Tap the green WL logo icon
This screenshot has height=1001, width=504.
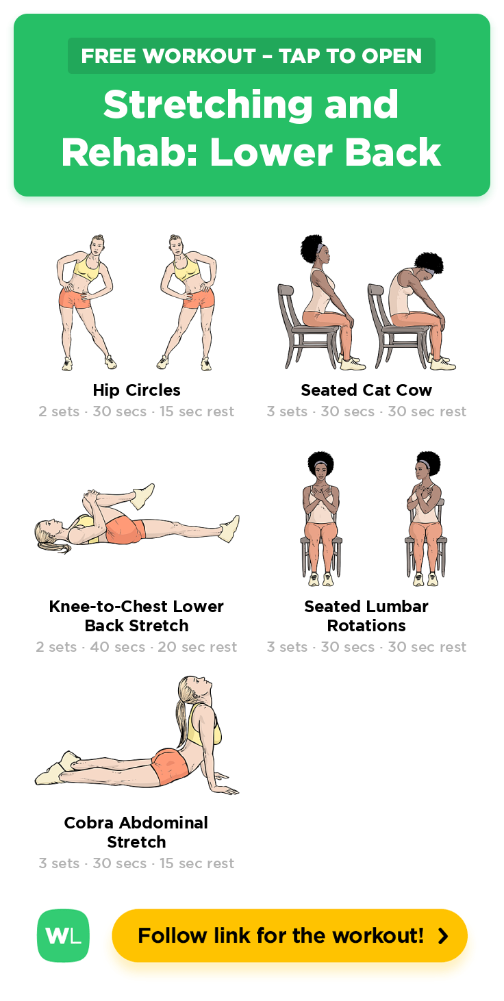click(63, 935)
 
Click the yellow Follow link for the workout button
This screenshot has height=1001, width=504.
click(290, 935)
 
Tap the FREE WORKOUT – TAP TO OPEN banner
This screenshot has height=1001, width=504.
click(251, 56)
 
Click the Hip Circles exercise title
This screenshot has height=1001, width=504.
click(137, 390)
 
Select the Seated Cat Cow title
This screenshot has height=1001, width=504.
click(366, 390)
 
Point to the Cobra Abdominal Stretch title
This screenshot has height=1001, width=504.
click(136, 832)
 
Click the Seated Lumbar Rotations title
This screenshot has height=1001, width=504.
click(366, 616)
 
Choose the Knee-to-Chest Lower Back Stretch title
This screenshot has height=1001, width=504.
click(136, 616)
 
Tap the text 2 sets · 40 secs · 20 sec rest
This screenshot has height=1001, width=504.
click(136, 647)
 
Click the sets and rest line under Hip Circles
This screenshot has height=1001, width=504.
click(136, 411)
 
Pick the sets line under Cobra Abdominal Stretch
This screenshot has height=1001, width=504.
click(136, 863)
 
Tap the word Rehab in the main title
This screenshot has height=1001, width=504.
click(129, 153)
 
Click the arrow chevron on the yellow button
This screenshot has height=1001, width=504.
click(443, 936)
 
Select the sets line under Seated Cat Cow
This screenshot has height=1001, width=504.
click(366, 411)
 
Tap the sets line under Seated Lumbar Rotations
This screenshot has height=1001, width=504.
click(366, 647)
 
